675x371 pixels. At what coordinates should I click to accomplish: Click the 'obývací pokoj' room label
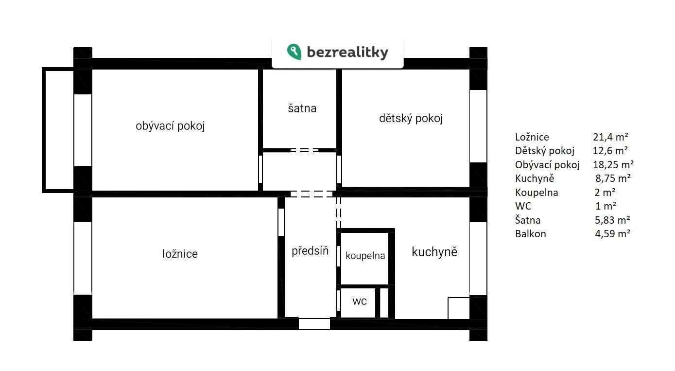(x=170, y=126)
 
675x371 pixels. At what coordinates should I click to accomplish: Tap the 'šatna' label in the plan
(x=302, y=108)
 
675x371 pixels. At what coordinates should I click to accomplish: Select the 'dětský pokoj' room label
(x=411, y=118)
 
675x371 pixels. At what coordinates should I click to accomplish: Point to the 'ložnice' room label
(x=180, y=254)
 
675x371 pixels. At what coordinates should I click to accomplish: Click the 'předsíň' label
(x=310, y=250)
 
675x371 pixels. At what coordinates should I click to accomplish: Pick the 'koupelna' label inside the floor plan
(x=365, y=256)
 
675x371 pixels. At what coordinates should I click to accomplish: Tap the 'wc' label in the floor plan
(x=360, y=301)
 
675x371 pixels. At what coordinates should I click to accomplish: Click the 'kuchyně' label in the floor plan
(x=434, y=251)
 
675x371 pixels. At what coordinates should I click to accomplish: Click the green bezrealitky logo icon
(x=294, y=52)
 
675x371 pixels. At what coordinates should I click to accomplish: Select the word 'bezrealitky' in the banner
(x=347, y=52)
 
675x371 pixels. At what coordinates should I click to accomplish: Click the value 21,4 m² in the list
(x=610, y=137)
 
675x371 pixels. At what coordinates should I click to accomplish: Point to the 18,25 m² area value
(x=613, y=165)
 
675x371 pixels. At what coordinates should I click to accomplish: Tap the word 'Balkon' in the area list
(x=530, y=234)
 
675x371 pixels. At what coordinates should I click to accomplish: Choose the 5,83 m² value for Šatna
(x=612, y=220)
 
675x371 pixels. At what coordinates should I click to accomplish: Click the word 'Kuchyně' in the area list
(x=535, y=178)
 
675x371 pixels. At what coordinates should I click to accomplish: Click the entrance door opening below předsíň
(x=314, y=324)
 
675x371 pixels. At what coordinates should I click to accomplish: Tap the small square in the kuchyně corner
(x=459, y=308)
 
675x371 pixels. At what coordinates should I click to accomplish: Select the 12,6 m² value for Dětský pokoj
(x=610, y=151)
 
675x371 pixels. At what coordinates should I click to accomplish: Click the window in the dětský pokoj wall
(x=478, y=126)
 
